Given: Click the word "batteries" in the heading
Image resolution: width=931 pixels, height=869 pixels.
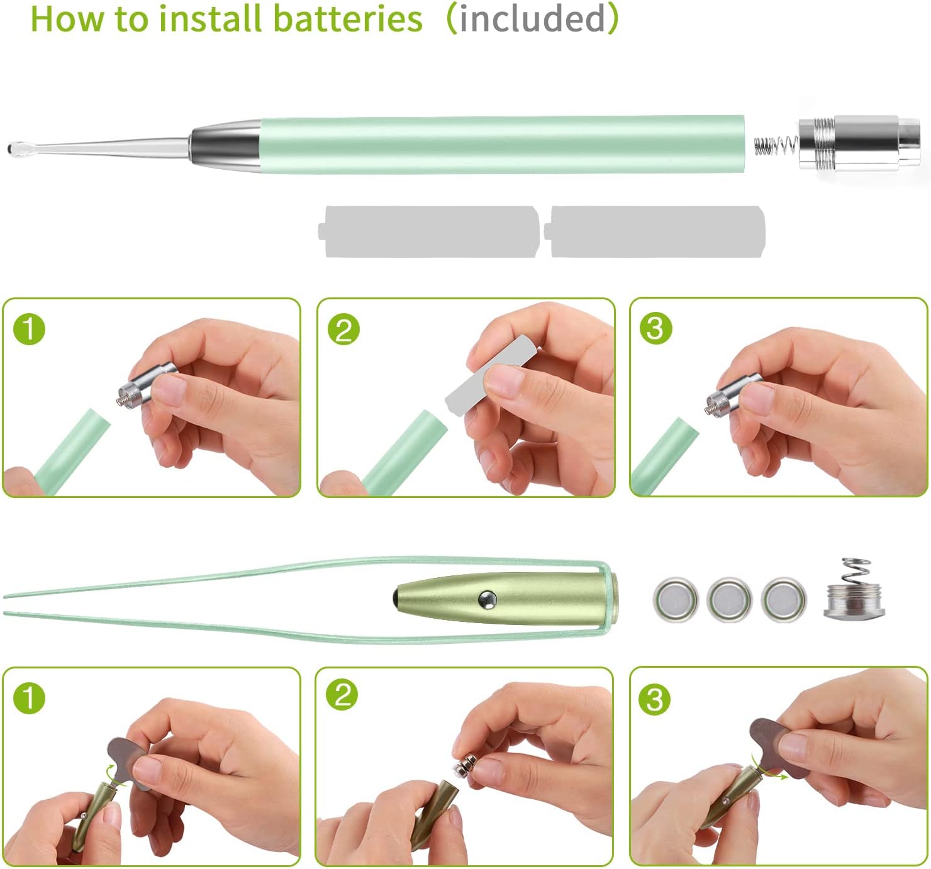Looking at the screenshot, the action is pos(347,19).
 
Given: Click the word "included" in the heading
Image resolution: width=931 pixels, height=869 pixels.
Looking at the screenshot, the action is pos(533,19).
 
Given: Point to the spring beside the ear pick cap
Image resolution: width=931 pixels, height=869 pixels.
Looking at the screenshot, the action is pos(776,146).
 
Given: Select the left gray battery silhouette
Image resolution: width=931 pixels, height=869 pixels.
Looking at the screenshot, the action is pos(428,231).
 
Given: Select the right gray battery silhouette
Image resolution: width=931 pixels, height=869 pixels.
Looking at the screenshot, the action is pos(654,231).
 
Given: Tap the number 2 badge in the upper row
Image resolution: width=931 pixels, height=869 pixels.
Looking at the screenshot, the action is pos(343,329).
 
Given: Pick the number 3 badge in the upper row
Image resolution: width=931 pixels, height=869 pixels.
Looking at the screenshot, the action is pos(656,329).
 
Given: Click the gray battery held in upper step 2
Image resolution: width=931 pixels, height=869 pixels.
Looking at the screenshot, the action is pos(490,374).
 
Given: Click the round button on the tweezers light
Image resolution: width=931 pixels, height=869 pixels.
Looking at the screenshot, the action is pos(487,599).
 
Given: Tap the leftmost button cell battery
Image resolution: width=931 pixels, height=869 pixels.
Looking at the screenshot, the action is pos(676,599).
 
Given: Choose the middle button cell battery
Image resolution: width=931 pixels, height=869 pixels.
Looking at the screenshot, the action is pos(730,599).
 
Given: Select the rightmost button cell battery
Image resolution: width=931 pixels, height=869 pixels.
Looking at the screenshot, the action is pos(784,599).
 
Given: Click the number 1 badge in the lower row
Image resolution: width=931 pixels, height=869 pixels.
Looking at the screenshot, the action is pos(29,698).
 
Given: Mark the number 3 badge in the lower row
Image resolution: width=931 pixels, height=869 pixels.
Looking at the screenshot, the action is pos(654,700).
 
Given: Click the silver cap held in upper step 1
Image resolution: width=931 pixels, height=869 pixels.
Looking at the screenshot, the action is pos(147,385).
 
